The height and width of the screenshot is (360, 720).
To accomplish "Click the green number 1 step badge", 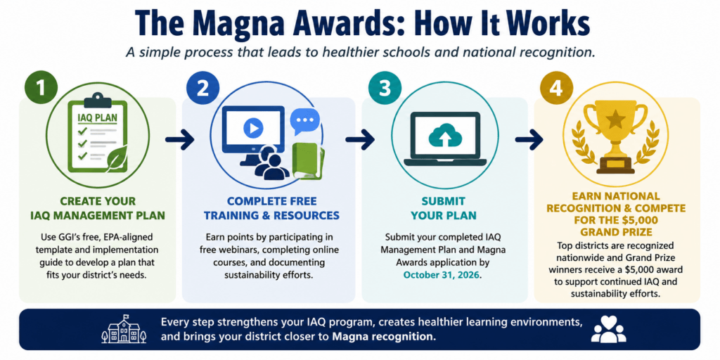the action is coord(41,87).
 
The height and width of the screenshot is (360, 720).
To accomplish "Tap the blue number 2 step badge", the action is coord(202,87).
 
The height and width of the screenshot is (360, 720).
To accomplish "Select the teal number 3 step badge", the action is coord(385,87).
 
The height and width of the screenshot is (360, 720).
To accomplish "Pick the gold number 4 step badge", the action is coord(556,87).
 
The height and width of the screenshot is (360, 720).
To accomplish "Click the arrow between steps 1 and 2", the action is coord(179,140).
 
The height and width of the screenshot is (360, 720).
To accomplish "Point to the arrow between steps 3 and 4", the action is coord(529,140).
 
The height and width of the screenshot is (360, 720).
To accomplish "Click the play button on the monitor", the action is coord(253,127).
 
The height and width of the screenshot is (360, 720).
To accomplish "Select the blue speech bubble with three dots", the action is coord(304,121).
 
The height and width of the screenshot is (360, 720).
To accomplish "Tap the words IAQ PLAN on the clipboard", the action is coord(97,118).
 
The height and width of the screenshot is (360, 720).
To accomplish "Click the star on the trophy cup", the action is coord(615,121).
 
